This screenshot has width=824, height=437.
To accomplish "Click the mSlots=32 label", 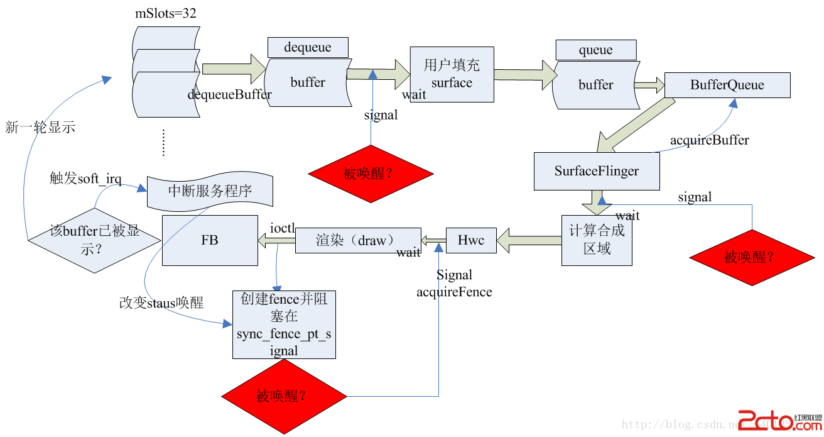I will point(166,14).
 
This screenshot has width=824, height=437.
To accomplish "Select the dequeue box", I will point(307,47).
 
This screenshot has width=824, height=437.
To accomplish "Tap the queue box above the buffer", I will point(595,50).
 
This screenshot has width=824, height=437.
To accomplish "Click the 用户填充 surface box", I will point(452,74).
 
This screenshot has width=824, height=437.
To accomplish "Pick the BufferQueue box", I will point(727,85).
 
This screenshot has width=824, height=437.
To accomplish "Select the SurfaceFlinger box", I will point(596,171).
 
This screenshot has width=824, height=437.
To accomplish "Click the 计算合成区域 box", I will point(596,240).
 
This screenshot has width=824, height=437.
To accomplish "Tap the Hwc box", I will point(470,240).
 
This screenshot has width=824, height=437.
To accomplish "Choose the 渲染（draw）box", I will point(357,240).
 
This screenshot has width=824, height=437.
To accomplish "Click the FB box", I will point(210,240).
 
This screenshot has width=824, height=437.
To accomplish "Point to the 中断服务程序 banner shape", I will point(210,191).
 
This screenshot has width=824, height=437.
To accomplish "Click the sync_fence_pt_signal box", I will point(284,325).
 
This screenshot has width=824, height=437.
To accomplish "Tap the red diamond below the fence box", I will point(284,396).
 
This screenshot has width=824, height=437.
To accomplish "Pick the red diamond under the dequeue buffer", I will point(371,174).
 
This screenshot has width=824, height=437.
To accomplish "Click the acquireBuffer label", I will point(710,140).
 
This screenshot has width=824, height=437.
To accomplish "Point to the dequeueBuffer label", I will point(229,95).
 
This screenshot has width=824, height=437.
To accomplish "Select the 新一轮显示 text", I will point(40,127).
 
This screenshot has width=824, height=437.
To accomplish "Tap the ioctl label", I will point(282,228).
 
